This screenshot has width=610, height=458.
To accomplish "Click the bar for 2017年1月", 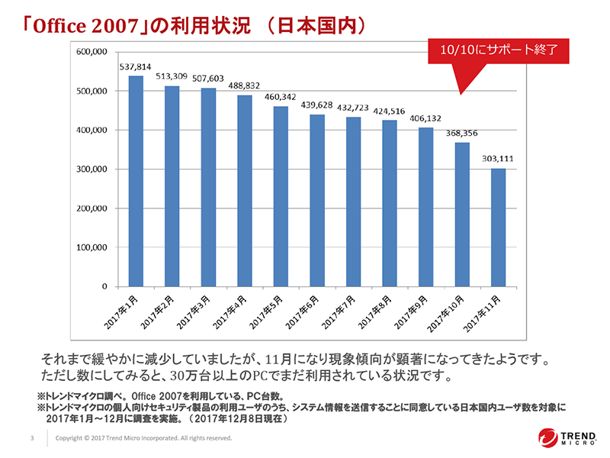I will pyautogui.click(x=136, y=181).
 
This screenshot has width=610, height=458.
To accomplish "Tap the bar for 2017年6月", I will pyautogui.click(x=316, y=201).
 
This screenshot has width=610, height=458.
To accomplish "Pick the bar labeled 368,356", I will pyautogui.click(x=461, y=214).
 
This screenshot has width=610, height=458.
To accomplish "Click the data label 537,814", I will pyautogui.click(x=135, y=66).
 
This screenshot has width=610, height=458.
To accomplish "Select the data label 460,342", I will pyautogui.click(x=280, y=98).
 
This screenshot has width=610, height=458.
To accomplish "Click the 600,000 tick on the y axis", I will pyautogui.click(x=95, y=52).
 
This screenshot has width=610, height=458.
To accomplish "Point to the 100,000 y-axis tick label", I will pyautogui.click(x=95, y=247).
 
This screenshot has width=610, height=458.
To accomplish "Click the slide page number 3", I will pyautogui.click(x=31, y=439).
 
